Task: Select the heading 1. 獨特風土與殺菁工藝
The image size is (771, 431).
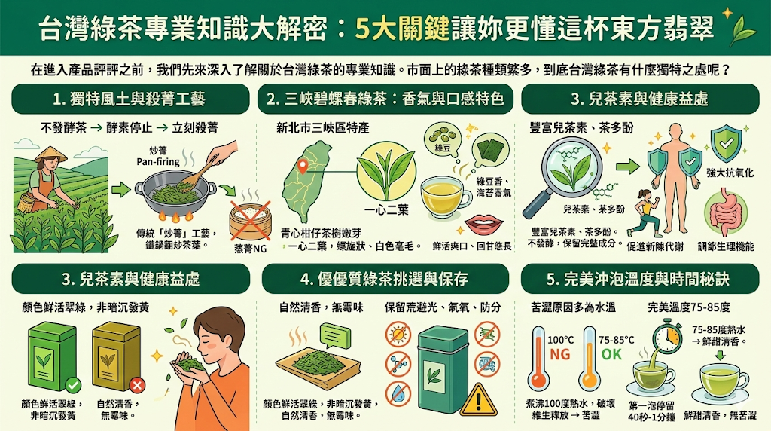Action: tap(129, 99)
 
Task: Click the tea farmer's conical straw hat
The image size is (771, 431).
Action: tap(50, 154)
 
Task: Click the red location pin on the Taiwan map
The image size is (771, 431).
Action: tap(303, 166)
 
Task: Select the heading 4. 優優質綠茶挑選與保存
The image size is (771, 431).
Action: tap(384, 280)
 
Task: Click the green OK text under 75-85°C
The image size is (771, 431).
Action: tap(612, 353)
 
